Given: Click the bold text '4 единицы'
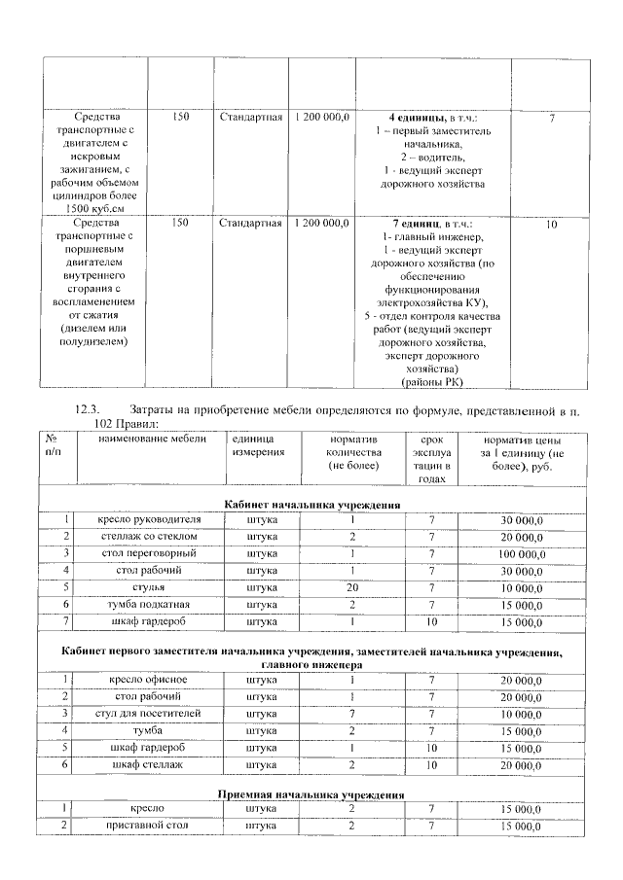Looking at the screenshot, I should pos(407,118).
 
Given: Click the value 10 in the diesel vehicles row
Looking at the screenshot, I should pos(551,225).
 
